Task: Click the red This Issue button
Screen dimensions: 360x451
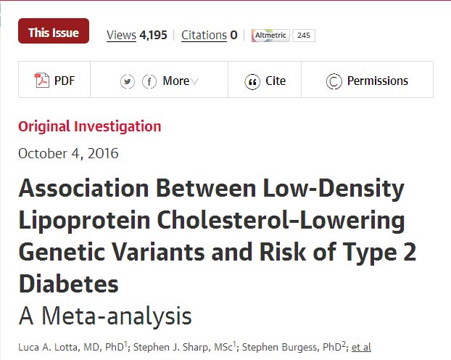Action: tap(54, 32)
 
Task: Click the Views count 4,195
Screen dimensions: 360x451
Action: tap(154, 35)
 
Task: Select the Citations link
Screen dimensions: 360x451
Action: tap(204, 35)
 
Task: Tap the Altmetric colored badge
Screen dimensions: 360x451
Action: tap(270, 35)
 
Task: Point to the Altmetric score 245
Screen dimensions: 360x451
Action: tap(304, 35)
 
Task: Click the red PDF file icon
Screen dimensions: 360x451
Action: tap(42, 81)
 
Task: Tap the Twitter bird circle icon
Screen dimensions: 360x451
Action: tap(128, 81)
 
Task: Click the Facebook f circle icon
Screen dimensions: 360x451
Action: tap(149, 81)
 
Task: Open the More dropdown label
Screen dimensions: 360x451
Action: tap(176, 81)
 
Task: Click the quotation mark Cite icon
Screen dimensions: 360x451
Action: tap(252, 81)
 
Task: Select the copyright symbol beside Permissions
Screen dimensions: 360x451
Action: tap(334, 81)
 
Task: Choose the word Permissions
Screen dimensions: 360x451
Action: tap(377, 81)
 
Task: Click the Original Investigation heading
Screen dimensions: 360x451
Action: tap(90, 126)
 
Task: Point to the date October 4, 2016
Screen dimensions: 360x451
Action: tap(68, 153)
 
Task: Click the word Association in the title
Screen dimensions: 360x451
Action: tap(86, 189)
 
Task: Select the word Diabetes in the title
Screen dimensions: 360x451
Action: tap(68, 284)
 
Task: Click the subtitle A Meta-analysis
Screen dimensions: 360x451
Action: tap(105, 316)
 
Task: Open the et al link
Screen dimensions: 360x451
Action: tap(361, 348)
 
